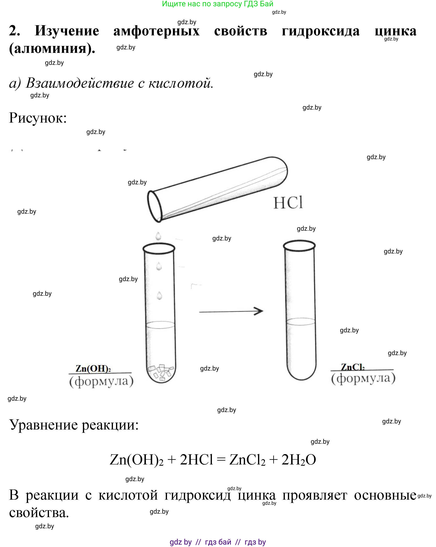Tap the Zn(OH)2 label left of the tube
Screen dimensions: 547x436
tap(93, 368)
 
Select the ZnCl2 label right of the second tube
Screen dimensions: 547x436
tap(352, 367)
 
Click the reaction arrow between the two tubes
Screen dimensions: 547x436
tap(231, 311)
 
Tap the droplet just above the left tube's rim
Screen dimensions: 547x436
tap(158, 236)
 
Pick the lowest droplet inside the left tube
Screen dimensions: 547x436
tap(159, 296)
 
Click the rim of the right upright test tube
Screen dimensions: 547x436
tap(299, 246)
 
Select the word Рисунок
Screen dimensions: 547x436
tap(38, 118)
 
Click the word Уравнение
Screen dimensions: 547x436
tap(43, 425)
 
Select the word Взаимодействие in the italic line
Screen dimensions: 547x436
tap(80, 83)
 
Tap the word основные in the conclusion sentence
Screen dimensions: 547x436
tap(385, 495)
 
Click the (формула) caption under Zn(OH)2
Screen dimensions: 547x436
tap(101, 381)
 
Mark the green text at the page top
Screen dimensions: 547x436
tap(217, 4)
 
